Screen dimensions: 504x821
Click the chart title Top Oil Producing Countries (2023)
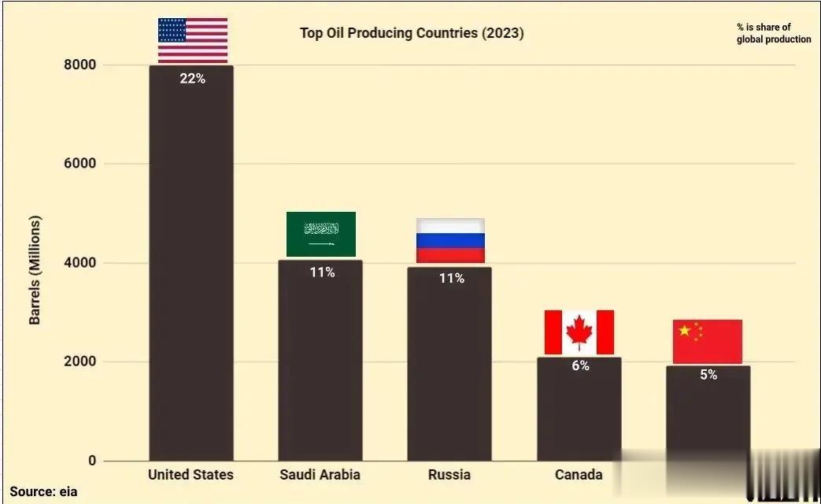coord(412,33)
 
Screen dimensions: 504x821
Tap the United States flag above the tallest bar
coord(193,40)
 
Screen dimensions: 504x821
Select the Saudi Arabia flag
coord(321,234)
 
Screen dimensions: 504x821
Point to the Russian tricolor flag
coord(450,240)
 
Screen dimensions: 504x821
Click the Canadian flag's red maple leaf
coord(579,332)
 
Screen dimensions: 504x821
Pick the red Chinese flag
coord(708,341)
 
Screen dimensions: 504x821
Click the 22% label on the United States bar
coord(192,78)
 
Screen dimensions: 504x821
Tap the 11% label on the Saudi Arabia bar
coord(322,272)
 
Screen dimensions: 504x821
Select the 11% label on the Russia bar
coord(451,278)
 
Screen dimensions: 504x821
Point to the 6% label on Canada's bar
coord(580,365)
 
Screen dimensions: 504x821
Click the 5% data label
coord(708,375)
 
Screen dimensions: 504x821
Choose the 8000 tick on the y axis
coord(80,65)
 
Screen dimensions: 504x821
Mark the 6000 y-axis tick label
coord(80,164)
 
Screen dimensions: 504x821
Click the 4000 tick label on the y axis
coord(80,263)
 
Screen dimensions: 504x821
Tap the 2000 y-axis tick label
coord(80,362)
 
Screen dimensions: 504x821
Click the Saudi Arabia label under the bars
coord(320,474)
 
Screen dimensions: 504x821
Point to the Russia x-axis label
coord(449,474)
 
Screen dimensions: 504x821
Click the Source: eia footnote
coord(44,492)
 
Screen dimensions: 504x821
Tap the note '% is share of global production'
coord(773,33)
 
